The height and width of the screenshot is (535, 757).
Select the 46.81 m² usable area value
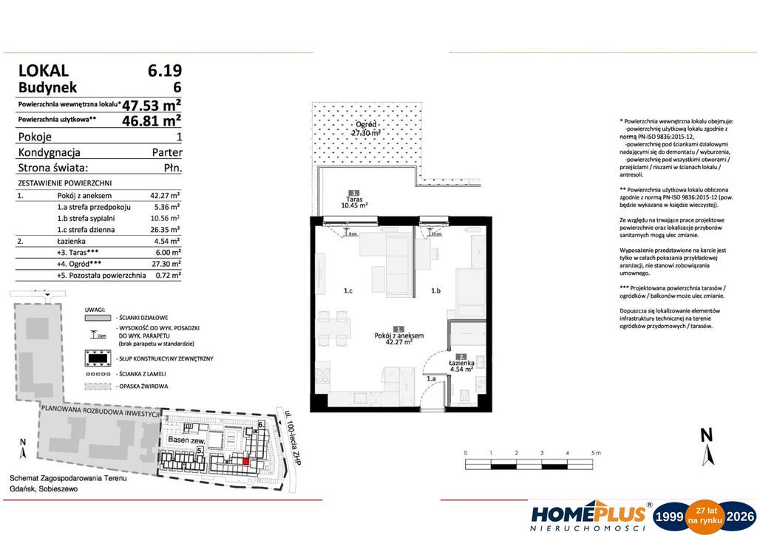[x=152, y=119]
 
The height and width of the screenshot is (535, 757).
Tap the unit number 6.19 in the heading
[x=164, y=71]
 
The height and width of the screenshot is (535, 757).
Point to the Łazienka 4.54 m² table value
[x=166, y=241]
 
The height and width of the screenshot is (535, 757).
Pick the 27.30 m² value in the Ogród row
[x=166, y=263]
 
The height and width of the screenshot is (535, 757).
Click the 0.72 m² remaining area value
[x=166, y=275]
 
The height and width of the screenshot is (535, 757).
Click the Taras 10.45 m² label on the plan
[x=355, y=202]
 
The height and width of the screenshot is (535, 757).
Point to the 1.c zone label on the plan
[x=347, y=291]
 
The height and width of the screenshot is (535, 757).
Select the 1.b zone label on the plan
[x=436, y=291]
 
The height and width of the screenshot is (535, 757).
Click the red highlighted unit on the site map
[x=246, y=462]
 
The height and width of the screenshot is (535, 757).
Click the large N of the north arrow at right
[x=706, y=435]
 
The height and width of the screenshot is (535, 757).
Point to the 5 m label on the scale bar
[x=596, y=452]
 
